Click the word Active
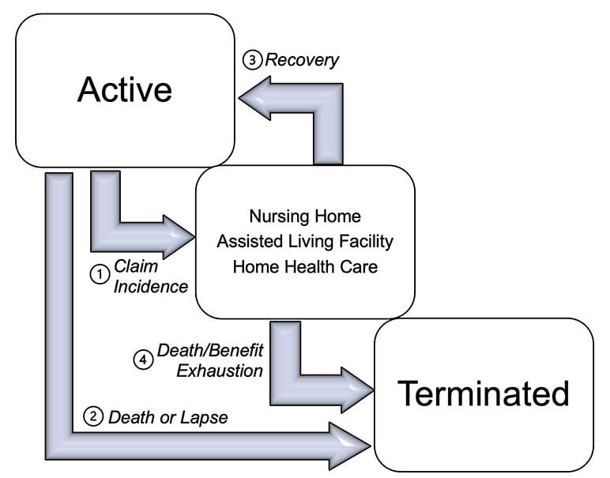click(124, 90)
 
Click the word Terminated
click(483, 393)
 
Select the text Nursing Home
click(305, 216)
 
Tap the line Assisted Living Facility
click(305, 241)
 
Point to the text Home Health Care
click(305, 266)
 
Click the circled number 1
click(100, 274)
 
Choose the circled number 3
click(252, 60)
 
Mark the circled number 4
click(142, 359)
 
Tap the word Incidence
click(151, 285)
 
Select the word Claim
click(130, 265)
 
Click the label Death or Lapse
click(168, 417)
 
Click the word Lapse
click(206, 417)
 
